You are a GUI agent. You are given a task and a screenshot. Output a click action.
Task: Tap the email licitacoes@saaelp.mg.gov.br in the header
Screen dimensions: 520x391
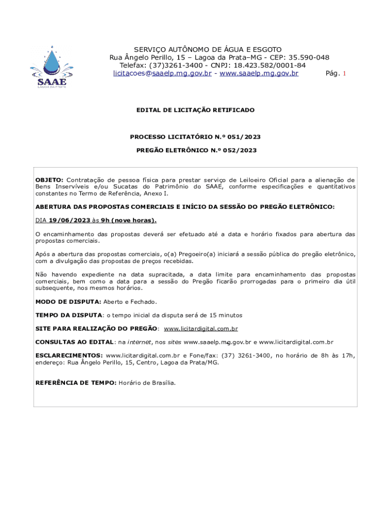coord(162,74)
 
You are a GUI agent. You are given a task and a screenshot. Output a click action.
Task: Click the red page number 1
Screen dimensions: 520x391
coord(344,74)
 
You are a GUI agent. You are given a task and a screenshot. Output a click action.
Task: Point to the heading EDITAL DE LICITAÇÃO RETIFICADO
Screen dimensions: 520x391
coord(195,110)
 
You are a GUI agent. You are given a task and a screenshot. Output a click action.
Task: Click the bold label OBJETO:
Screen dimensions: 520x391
coord(49,180)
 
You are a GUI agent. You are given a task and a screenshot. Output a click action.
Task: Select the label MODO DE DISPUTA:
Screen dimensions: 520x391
coord(68,302)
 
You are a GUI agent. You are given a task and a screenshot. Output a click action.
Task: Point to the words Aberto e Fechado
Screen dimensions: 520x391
coord(126,302)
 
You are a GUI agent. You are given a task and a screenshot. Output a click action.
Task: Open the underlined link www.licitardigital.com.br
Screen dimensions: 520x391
coord(201,329)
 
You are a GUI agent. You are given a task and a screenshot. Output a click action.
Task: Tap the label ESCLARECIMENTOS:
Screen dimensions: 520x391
coord(69,355)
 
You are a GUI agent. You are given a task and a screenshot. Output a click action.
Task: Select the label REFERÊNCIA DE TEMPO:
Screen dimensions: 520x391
coord(76,383)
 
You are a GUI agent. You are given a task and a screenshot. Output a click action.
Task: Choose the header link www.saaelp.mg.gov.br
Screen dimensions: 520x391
coord(259,74)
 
